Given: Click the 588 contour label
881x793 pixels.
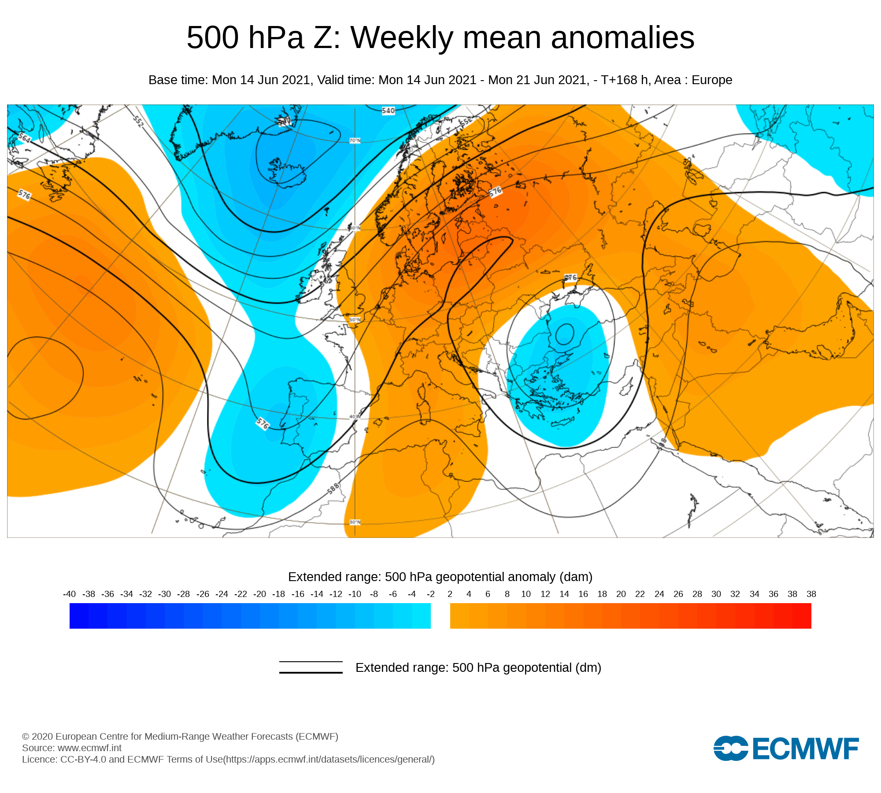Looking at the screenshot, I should pyautogui.click(x=333, y=489).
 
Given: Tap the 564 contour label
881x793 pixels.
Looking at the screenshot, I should pyautogui.click(x=24, y=138).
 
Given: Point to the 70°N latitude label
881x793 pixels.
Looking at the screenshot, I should pyautogui.click(x=355, y=141).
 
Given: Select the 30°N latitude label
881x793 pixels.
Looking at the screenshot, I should pyautogui.click(x=355, y=522).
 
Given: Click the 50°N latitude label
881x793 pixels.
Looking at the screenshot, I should pyautogui.click(x=355, y=320).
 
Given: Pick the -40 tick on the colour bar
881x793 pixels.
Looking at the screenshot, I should pyautogui.click(x=70, y=594).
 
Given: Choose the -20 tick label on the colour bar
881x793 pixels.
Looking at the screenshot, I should pyautogui.click(x=259, y=594).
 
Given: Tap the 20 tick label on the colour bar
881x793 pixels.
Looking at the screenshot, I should pyautogui.click(x=621, y=594).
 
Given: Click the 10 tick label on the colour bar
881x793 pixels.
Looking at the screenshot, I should pyautogui.click(x=526, y=594).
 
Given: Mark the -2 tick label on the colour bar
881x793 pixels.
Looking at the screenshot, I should pyautogui.click(x=431, y=594).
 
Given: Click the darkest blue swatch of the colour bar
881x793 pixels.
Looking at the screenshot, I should pyautogui.click(x=79, y=616).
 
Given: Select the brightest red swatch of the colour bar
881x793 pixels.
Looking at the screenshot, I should pyautogui.click(x=802, y=616).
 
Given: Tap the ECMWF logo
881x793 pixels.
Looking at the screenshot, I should pyautogui.click(x=786, y=748).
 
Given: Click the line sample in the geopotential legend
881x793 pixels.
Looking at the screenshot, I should pyautogui.click(x=311, y=667).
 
